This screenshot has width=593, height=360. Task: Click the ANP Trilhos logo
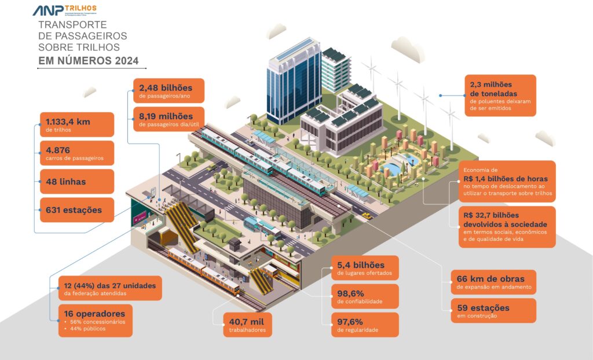click(x=64, y=10)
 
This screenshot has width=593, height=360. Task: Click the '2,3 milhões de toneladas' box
click(x=499, y=95)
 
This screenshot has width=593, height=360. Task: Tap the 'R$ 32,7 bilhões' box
click(x=507, y=226)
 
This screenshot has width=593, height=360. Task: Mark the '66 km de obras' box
click(x=493, y=282)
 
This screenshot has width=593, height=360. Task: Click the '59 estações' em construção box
click(x=493, y=310)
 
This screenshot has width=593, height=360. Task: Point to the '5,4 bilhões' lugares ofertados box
click(x=364, y=267)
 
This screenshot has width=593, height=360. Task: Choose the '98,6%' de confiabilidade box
click(x=364, y=296)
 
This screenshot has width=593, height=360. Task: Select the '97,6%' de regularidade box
click(x=364, y=324)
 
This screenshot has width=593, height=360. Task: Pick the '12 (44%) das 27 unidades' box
click(x=110, y=288)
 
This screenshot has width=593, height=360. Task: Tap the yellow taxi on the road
click(x=366, y=215)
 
